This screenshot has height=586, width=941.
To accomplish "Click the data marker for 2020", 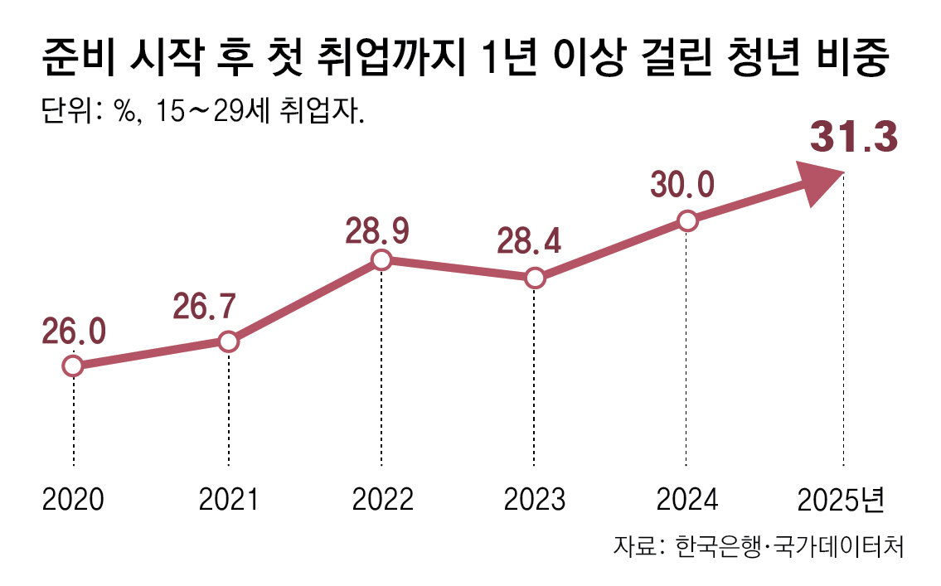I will (73, 366).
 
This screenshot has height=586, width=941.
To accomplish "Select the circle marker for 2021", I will (228, 341).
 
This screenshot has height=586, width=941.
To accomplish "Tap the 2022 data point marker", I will (381, 260).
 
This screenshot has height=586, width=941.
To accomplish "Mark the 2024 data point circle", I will (686, 220).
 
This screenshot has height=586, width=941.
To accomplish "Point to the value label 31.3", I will (853, 138).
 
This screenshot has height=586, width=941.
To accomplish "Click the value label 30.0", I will (682, 185).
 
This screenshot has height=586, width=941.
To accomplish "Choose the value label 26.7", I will (204, 307).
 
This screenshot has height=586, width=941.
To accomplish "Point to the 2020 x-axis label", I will (73, 500).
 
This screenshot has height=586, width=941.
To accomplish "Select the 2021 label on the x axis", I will (228, 500).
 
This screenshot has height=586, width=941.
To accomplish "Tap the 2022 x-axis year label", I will (382, 500).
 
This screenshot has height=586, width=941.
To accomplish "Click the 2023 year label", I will (535, 500).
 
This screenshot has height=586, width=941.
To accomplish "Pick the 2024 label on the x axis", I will (687, 500).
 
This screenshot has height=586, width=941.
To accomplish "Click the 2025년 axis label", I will (842, 500).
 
